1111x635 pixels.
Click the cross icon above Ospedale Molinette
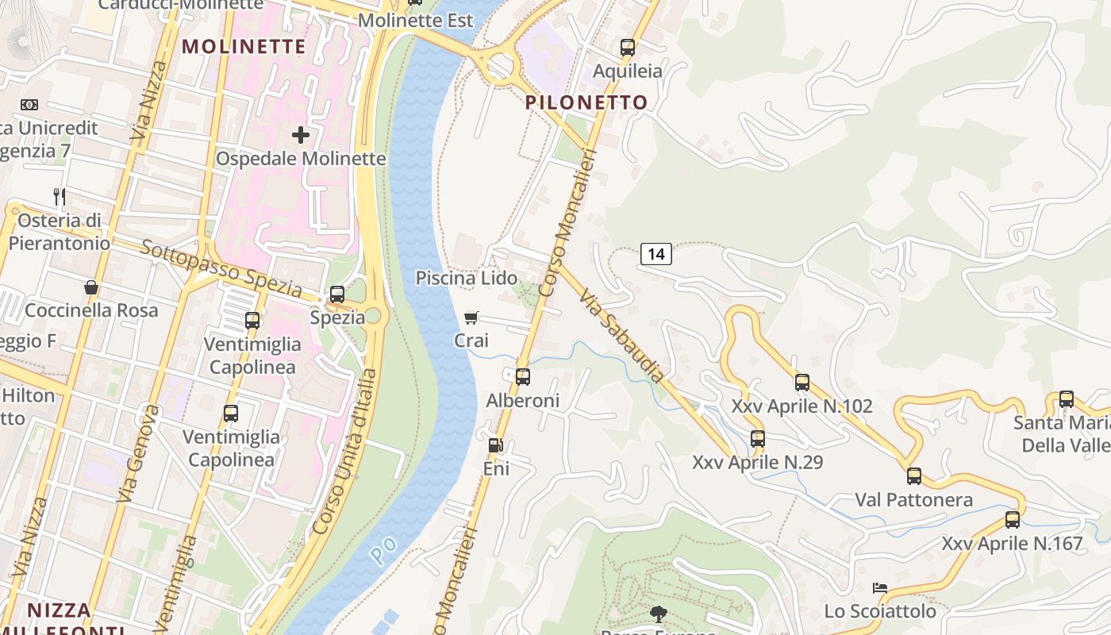pos(301,135)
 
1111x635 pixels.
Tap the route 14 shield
pos(656,254)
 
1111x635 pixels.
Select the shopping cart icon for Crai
pos(471,318)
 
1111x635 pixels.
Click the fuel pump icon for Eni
pos(496,446)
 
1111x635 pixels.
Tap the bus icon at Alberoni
pos(522,377)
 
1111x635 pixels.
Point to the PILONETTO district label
pos(586,102)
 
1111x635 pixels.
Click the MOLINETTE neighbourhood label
pos(244,46)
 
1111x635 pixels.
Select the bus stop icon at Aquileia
pos(628,48)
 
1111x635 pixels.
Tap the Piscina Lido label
pos(467,278)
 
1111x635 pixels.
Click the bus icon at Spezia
pos(337,294)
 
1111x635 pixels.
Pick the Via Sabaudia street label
pos(621,336)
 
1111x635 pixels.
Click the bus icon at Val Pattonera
pos(914,476)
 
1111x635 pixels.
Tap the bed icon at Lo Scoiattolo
pos(880,588)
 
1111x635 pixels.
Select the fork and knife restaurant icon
pos(60,196)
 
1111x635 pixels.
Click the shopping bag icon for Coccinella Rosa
pos(91,287)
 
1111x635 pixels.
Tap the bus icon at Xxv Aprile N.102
pos(802,383)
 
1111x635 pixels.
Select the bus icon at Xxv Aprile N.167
pos(1013,520)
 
